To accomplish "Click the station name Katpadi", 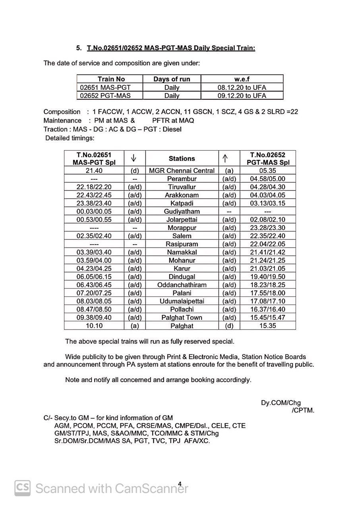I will click(182, 203).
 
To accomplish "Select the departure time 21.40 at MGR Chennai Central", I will click(94, 171).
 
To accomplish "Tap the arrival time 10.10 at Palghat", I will click(94, 326).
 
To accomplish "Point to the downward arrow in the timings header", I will click(134, 158).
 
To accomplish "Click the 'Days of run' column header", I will click(172, 79).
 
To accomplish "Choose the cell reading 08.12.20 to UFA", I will click(242, 87).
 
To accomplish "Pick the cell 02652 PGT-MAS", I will click(105, 96).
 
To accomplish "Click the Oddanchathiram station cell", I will click(182, 285).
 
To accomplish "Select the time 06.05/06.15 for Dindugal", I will click(94, 277).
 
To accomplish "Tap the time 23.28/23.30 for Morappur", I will click(267, 228).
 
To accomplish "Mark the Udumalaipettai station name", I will click(182, 301).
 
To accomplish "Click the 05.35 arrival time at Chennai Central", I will click(267, 171).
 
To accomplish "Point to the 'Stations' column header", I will click(182, 158).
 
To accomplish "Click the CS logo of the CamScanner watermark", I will click(23, 488).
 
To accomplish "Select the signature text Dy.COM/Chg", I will click(281, 403).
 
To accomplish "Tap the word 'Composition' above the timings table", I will click(62, 112).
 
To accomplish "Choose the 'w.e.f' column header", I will click(242, 79).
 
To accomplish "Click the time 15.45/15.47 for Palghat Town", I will click(267, 317).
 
